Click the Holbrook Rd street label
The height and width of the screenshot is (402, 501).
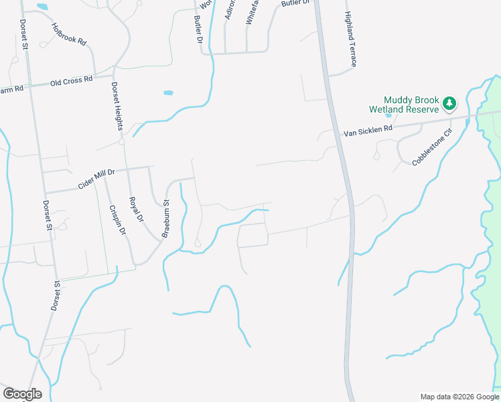[x=69, y=33]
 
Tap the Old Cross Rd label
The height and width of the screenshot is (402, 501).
[x=71, y=81]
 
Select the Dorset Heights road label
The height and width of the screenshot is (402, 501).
[x=117, y=107]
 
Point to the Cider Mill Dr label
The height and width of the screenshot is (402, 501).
[x=96, y=178]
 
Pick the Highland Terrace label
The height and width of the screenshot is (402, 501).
[x=351, y=39]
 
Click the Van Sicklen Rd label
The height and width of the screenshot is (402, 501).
[x=367, y=130]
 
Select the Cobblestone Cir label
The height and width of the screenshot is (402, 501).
[x=433, y=147]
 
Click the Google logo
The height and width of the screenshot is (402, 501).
[x=22, y=393]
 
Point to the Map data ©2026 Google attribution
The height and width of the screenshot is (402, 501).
[x=459, y=396]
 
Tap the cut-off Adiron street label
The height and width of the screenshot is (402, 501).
[x=229, y=9]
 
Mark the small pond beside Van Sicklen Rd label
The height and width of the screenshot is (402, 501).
[x=388, y=115]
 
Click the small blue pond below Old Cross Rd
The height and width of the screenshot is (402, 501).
[x=167, y=93]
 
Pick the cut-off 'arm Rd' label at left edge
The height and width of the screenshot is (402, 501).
[x=12, y=89]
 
